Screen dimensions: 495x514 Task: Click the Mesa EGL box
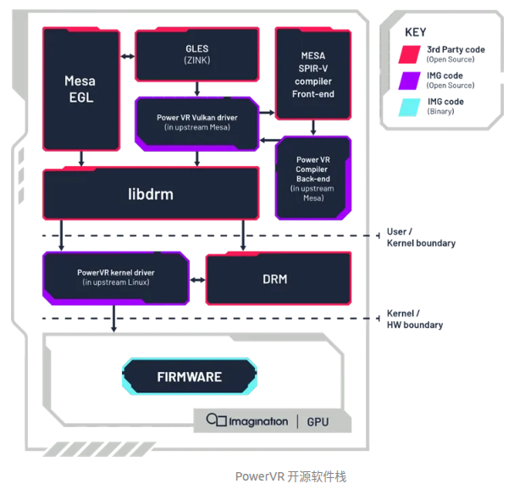(80, 88)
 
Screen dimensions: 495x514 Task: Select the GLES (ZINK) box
(196, 55)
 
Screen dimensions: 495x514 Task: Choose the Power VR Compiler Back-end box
(313, 178)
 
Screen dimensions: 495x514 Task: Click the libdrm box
(151, 194)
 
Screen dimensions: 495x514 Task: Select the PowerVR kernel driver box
(115, 277)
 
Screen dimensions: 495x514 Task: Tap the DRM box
(279, 278)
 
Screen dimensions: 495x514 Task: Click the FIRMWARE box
(189, 376)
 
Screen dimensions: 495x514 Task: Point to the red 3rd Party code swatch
(412, 54)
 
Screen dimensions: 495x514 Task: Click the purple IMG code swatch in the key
(412, 81)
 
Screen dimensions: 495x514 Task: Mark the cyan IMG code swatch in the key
(412, 107)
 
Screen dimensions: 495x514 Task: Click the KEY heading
(415, 31)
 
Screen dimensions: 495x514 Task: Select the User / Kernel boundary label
(420, 237)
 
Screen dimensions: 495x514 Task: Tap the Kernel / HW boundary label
(414, 320)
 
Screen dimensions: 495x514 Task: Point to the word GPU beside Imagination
(318, 421)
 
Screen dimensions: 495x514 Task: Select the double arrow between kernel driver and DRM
(196, 279)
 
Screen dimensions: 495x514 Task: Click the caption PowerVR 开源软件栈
(290, 477)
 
